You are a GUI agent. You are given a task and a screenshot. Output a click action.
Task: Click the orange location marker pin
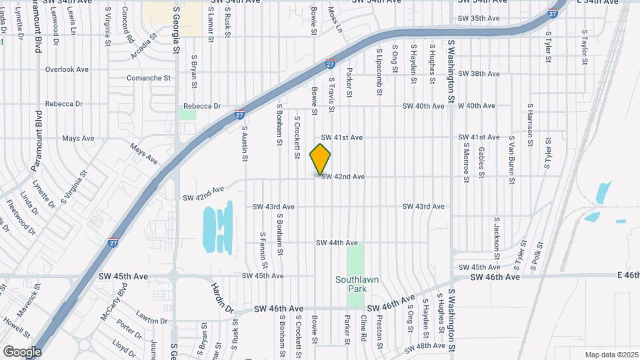[x=320, y=159]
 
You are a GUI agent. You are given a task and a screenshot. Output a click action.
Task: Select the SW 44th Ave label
[x=337, y=243]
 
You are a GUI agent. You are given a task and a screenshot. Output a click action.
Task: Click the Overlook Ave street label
[x=67, y=69]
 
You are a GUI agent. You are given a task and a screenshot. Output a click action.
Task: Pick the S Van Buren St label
[x=512, y=161]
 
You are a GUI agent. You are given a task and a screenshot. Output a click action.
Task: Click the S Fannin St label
[x=263, y=245]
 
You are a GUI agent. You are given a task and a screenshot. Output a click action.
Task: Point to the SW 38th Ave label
[x=480, y=74]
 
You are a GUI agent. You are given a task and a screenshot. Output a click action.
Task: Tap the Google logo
[x=22, y=351]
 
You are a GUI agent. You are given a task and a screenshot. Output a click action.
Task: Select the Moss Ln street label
[x=334, y=20]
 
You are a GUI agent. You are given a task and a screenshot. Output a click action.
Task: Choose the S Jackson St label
[x=497, y=238]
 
